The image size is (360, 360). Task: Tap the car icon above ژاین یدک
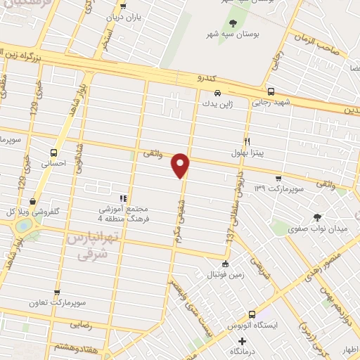point(218,93)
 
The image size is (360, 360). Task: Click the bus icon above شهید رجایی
point(271,91)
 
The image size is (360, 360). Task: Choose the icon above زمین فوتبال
point(224,264)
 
